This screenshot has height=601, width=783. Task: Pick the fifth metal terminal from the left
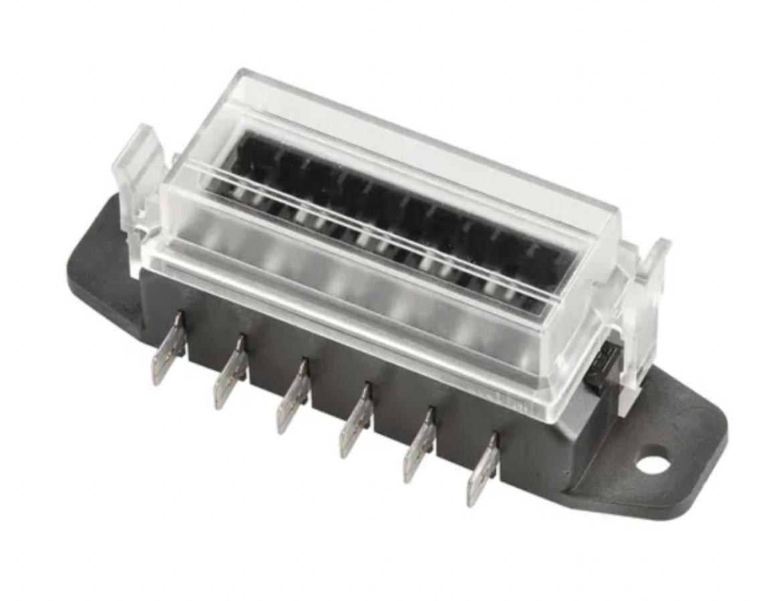(x=419, y=446)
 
